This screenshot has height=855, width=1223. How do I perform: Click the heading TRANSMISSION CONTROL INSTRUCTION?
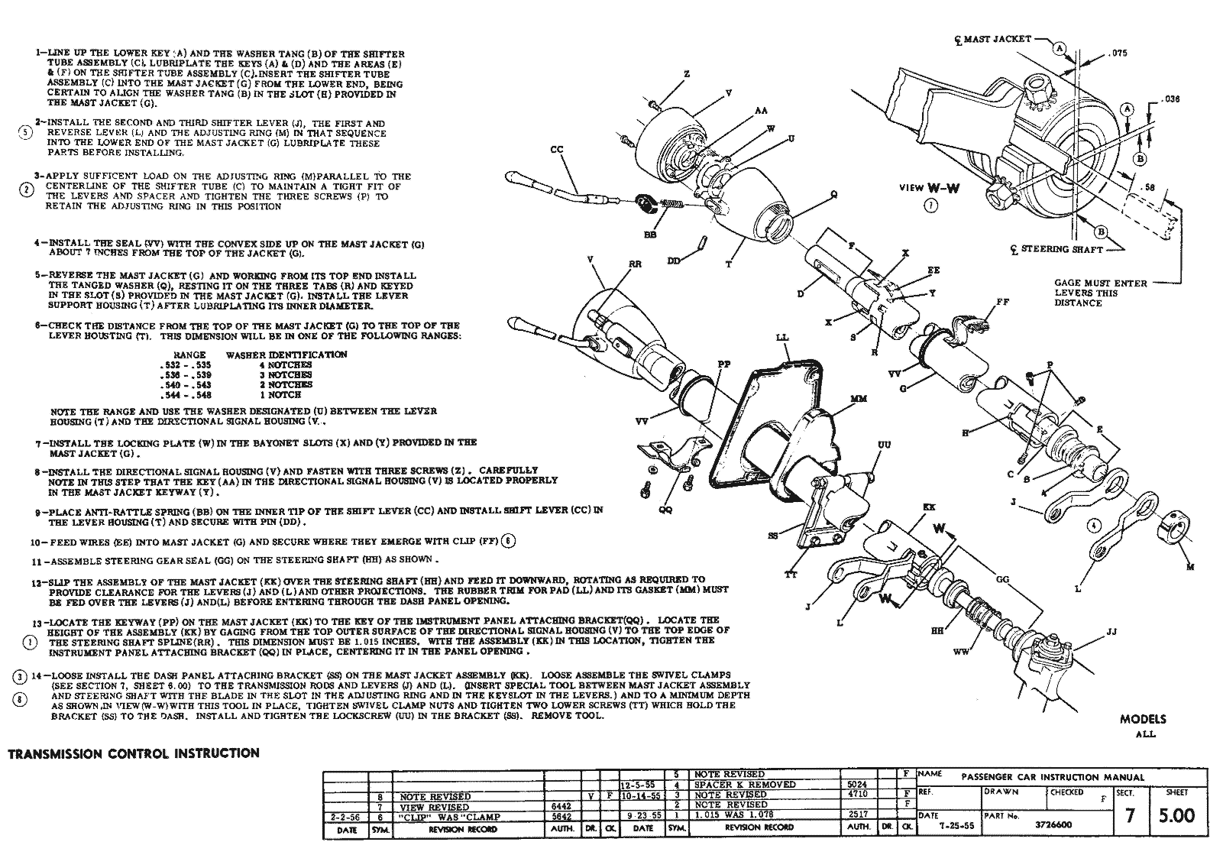(134, 753)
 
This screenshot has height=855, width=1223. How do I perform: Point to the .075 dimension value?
(1118, 53)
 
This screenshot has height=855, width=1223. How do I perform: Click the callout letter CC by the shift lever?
(556, 150)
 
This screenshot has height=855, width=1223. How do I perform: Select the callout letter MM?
(857, 399)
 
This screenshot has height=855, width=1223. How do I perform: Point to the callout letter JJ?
(1111, 632)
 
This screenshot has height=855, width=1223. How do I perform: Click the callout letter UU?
(884, 445)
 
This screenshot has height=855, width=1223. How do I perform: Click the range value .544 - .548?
(185, 395)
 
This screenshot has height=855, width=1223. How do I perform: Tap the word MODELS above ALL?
(1144, 719)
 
